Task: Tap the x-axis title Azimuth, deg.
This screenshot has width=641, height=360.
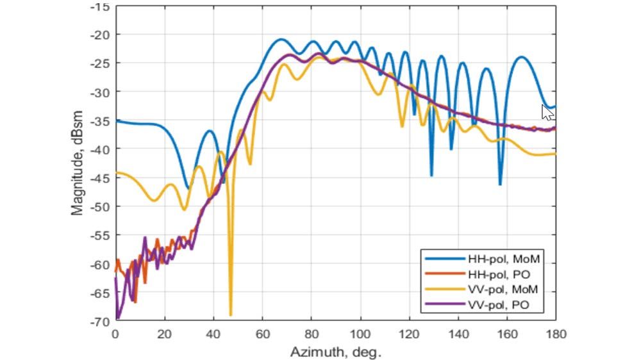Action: pyautogui.click(x=335, y=352)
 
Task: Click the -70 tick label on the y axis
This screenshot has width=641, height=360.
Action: pyautogui.click(x=101, y=322)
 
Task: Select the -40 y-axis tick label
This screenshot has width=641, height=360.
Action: pyautogui.click(x=101, y=149)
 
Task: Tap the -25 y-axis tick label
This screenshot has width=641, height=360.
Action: pyautogui.click(x=101, y=63)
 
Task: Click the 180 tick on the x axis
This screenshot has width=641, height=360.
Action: pyautogui.click(x=554, y=334)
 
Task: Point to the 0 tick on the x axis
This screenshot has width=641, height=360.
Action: pyautogui.click(x=115, y=334)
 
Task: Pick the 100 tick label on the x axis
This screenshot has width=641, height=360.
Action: pyautogui.click(x=360, y=334)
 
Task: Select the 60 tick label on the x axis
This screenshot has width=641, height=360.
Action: pyautogui.click(x=262, y=334)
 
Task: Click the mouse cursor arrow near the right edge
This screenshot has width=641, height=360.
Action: pyautogui.click(x=547, y=113)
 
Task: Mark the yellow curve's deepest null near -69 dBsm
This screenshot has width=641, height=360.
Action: pyautogui.click(x=230, y=315)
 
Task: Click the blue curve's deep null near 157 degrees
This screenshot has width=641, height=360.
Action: pyautogui.click(x=500, y=184)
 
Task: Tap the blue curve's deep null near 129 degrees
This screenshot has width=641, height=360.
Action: pyautogui.click(x=431, y=176)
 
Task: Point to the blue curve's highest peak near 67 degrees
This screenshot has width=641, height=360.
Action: pyautogui.click(x=280, y=39)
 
